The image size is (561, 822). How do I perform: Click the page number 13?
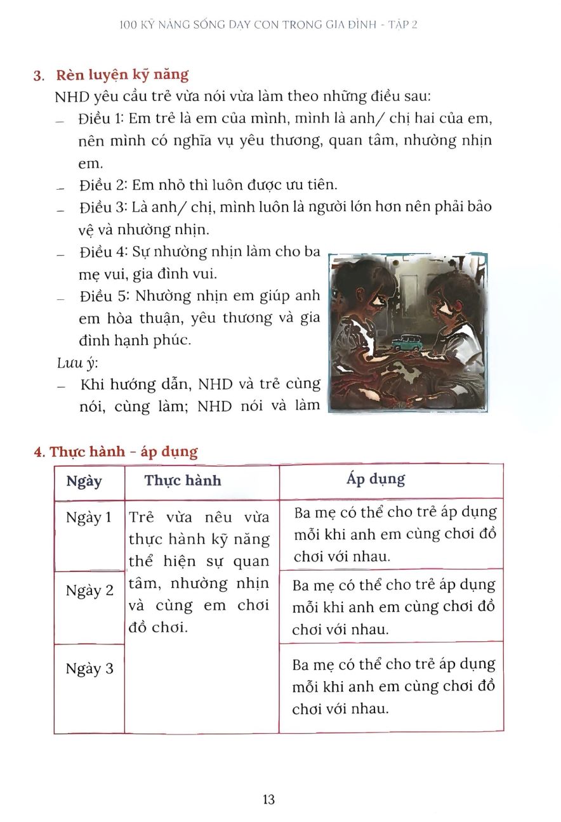[268, 799]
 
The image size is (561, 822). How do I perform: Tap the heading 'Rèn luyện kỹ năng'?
[122, 75]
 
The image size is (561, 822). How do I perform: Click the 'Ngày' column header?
[84, 481]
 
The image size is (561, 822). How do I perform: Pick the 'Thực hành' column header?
[183, 480]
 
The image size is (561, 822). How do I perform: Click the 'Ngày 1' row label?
[89, 518]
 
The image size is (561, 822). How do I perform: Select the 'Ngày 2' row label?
[89, 590]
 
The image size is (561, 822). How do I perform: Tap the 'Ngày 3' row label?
[89, 669]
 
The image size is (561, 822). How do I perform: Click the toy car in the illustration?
[406, 343]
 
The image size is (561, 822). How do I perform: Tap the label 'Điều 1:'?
[103, 119]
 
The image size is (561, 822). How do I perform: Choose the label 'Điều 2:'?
[104, 185]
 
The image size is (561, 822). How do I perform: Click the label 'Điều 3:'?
[104, 207]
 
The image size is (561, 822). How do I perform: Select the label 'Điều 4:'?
[104, 252]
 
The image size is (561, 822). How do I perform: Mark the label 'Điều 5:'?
[104, 296]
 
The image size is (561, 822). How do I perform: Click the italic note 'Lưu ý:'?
[72, 362]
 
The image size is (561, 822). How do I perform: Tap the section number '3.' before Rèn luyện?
[38, 76]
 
